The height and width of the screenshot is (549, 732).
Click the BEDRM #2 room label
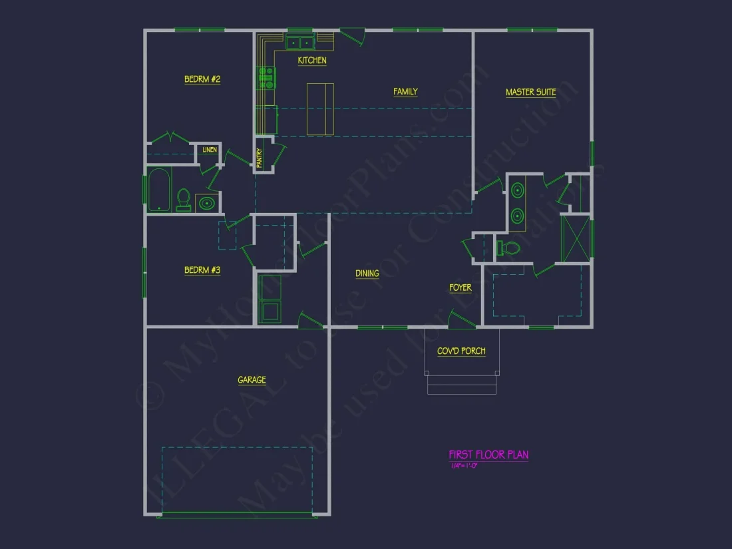[x=202, y=80]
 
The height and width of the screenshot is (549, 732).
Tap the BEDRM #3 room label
[x=202, y=270]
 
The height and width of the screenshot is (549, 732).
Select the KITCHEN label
[x=312, y=61]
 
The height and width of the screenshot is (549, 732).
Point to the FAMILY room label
[x=405, y=92]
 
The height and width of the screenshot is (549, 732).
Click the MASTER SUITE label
[x=530, y=92]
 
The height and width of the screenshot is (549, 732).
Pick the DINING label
[x=367, y=274]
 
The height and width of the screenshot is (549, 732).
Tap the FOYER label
[x=460, y=288]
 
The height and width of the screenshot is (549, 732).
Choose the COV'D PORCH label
[x=461, y=351]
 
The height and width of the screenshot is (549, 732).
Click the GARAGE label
[x=252, y=380]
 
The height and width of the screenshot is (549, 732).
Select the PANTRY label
[x=260, y=158]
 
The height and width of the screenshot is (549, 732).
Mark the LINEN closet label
[x=210, y=150]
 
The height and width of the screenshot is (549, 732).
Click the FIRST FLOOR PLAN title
[x=488, y=455]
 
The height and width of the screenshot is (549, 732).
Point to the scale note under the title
[x=464, y=466]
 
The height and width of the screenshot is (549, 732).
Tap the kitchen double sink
[x=300, y=43]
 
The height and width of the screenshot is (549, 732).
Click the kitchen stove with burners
[x=266, y=78]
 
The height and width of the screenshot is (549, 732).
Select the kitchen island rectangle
[x=320, y=109]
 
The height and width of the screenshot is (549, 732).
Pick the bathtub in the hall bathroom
[x=159, y=190]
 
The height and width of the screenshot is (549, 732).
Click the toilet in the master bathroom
[x=509, y=248]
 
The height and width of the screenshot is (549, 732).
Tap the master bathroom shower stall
[x=576, y=237]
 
